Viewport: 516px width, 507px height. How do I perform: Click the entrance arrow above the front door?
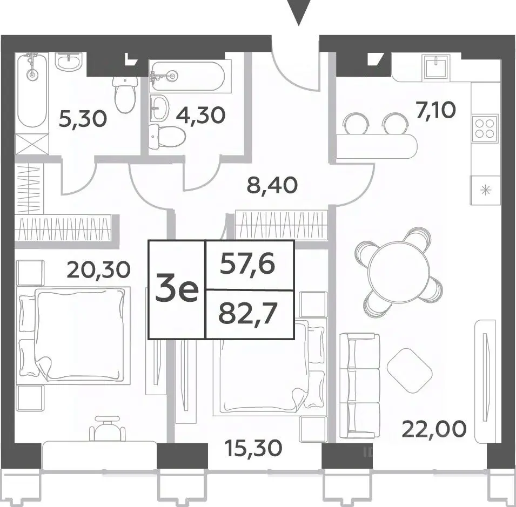point(299,11)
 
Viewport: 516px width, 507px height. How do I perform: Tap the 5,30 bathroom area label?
point(83,119)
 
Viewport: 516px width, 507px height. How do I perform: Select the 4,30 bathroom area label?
point(201,115)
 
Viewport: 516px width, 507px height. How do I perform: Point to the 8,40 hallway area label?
point(272,185)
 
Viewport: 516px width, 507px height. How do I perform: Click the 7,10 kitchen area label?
point(435,110)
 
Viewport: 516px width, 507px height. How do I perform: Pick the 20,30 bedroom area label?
point(99,269)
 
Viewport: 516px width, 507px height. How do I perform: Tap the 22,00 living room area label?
point(434,429)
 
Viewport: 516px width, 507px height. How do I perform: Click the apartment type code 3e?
point(177,289)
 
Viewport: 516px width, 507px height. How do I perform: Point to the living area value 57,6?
point(247,265)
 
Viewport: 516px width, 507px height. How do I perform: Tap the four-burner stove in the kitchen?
point(485,128)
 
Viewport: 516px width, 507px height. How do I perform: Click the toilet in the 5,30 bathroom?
point(125,94)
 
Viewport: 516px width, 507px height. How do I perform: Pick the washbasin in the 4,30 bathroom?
point(159,107)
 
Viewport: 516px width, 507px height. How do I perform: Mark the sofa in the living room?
point(360,386)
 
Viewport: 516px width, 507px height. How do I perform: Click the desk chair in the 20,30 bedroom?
point(108,428)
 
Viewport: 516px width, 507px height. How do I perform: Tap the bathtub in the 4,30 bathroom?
point(187,76)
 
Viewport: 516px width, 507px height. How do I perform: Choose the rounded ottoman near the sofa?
point(410,370)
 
